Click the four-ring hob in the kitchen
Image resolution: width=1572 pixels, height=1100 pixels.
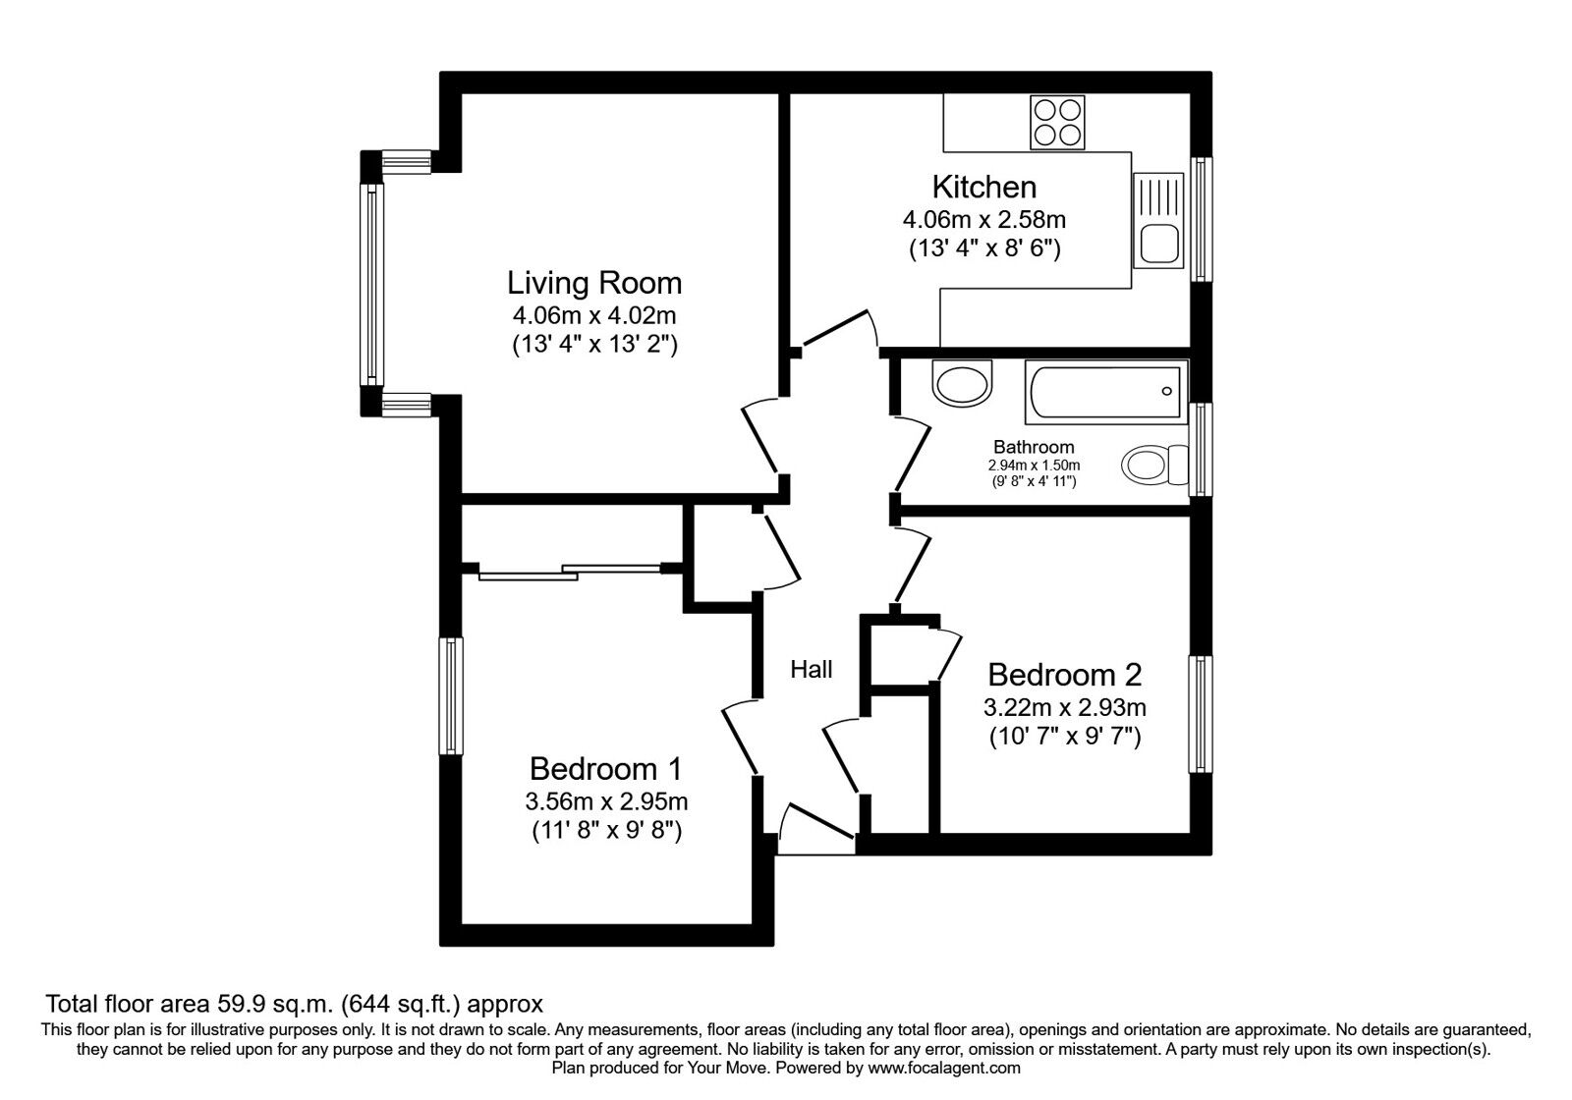click(x=1057, y=123)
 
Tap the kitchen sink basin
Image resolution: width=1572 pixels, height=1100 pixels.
click(x=1158, y=243)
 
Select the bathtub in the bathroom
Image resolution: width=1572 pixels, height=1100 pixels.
click(x=1106, y=392)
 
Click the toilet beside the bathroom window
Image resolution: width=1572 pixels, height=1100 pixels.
click(x=1153, y=465)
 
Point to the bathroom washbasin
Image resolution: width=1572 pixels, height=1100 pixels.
click(x=962, y=383)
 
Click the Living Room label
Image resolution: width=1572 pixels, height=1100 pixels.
click(x=594, y=283)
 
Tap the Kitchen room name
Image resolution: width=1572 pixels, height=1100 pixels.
click(x=983, y=188)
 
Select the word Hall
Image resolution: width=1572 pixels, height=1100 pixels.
click(x=812, y=669)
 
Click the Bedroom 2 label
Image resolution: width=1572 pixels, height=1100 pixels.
click(x=1065, y=674)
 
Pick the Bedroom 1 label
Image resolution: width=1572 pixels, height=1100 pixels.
click(x=605, y=768)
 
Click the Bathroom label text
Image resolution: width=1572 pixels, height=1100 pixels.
click(x=1034, y=447)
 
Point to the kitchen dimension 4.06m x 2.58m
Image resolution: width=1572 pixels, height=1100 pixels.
click(x=983, y=220)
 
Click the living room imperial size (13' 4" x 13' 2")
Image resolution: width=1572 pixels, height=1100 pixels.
click(x=594, y=345)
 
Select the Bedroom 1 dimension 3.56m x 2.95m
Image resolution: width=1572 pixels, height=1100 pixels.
click(x=605, y=800)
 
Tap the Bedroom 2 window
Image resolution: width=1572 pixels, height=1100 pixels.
click(x=1201, y=714)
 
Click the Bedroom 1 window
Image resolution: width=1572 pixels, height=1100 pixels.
click(x=451, y=696)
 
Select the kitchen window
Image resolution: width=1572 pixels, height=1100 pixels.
click(x=1201, y=219)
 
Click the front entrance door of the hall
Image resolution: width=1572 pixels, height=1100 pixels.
click(x=816, y=829)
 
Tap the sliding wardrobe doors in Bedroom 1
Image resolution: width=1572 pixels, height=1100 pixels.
click(x=569, y=572)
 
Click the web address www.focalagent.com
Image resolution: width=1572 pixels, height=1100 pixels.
click(x=944, y=1068)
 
